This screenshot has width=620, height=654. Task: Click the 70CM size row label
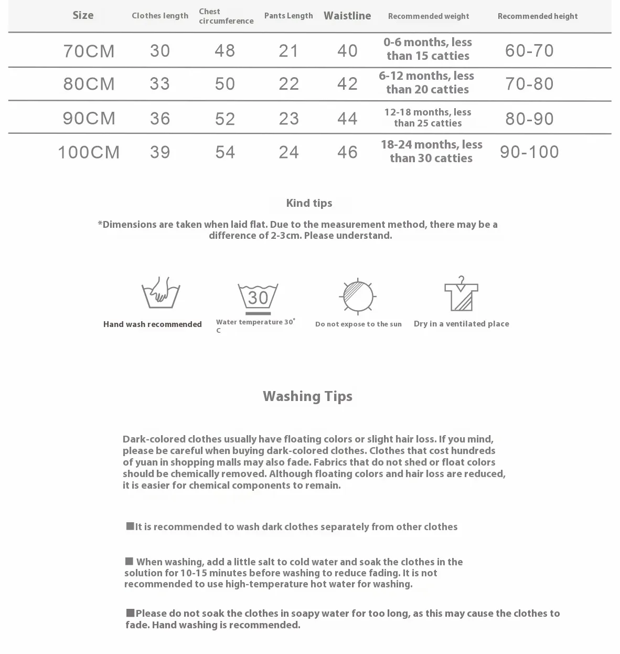(89, 51)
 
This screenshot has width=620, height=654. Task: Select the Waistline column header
(347, 16)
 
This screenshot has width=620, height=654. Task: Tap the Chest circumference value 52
(225, 119)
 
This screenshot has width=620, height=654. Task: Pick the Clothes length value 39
(160, 152)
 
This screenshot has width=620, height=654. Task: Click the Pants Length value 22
(289, 84)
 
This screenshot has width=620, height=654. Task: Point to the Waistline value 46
(347, 152)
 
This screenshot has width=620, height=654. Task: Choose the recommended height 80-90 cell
(529, 119)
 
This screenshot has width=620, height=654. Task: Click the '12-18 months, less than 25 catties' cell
(428, 118)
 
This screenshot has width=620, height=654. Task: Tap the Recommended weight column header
(429, 16)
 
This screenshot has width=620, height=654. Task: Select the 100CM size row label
(89, 152)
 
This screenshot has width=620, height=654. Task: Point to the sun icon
(358, 297)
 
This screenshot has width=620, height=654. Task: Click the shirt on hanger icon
(461, 294)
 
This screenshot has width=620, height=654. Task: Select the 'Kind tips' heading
(309, 203)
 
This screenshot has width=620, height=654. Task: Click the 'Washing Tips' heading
(307, 396)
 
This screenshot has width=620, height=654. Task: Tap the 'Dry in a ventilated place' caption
(461, 324)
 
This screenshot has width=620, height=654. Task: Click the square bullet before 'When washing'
(129, 562)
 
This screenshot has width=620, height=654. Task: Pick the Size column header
(83, 15)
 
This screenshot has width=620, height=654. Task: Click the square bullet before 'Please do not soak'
(130, 613)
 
